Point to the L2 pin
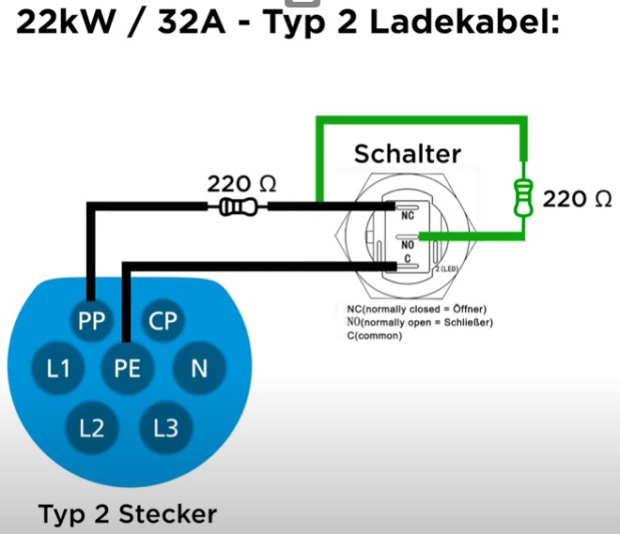92,429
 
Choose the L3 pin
164,429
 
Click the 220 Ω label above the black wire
241,183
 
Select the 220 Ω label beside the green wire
578,198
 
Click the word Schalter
407,154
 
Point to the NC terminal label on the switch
407,215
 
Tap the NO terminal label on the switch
407,246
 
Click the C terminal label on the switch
407,259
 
